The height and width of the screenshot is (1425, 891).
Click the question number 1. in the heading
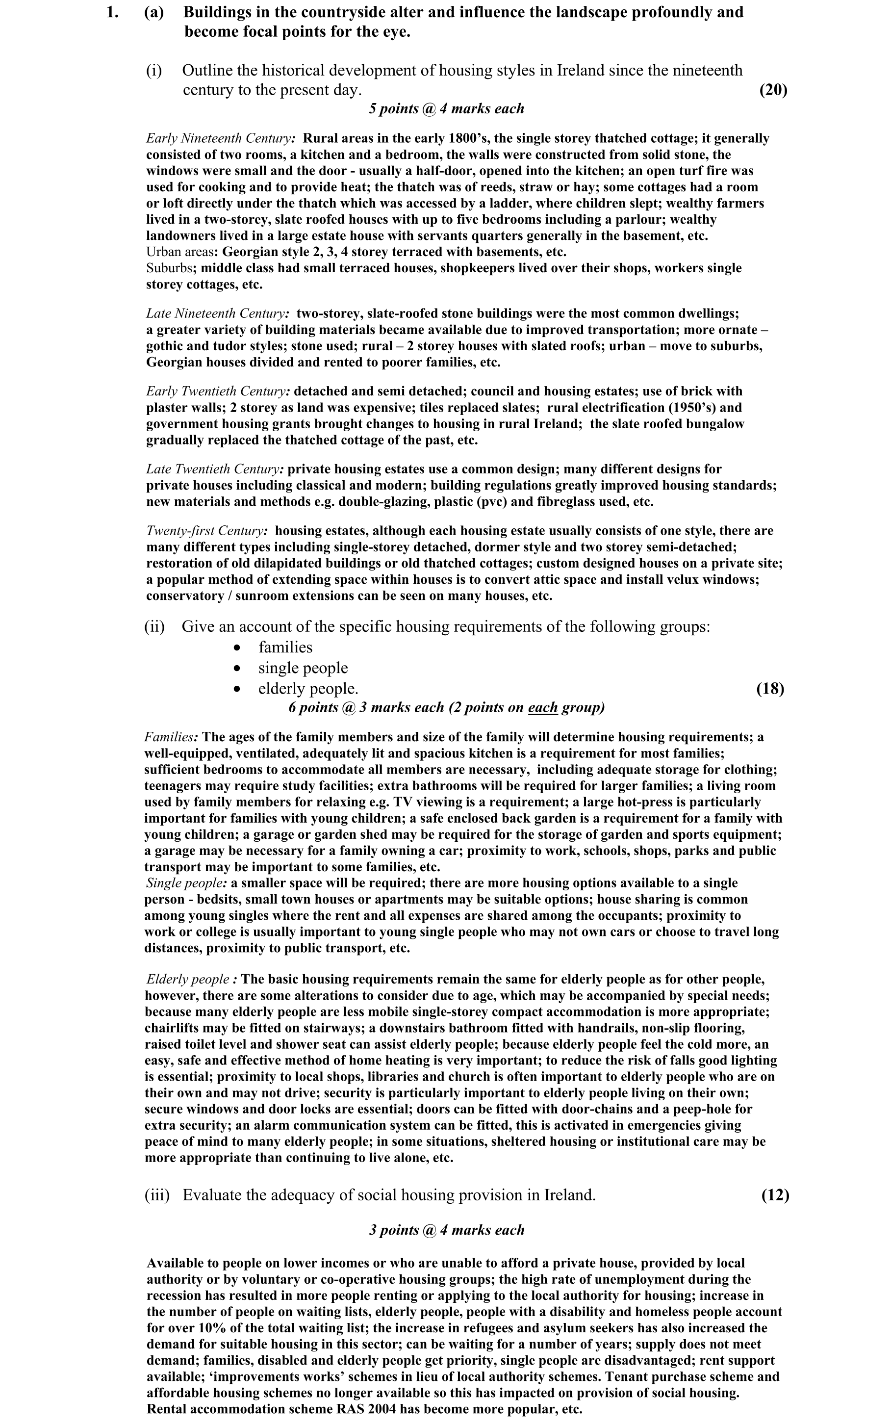point(113,12)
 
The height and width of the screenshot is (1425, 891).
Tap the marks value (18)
point(769,688)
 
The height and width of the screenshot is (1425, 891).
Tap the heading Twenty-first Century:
point(207,530)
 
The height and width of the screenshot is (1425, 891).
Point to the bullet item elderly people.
point(307,688)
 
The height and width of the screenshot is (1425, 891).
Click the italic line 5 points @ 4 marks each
point(446,108)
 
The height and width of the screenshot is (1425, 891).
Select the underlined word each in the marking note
point(543,707)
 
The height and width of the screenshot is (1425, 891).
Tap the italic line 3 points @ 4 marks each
point(446,1230)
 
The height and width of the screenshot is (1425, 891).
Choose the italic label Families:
point(171,737)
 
